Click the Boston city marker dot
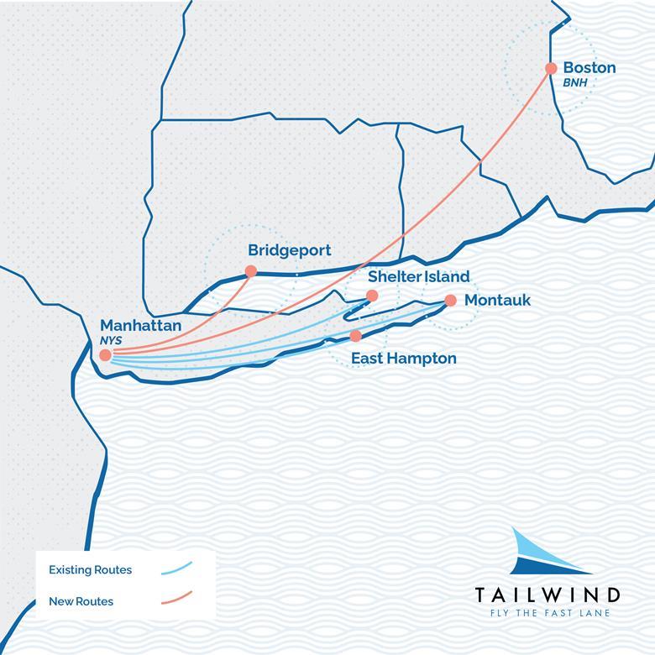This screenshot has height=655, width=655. (551, 68)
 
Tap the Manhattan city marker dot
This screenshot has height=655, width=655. (105, 355)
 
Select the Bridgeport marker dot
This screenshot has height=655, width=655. (250, 270)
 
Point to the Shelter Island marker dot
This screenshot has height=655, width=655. (372, 295)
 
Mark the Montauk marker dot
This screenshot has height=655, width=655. (450, 300)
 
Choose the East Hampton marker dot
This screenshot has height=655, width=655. (355, 336)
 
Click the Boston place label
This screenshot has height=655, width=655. (589, 67)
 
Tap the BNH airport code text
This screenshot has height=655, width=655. (577, 83)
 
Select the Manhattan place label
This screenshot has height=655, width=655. (140, 325)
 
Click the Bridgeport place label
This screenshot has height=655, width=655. (289, 250)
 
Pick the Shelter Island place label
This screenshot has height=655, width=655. (418, 276)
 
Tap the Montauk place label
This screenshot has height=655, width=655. (497, 300)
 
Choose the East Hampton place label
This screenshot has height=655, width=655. (403, 359)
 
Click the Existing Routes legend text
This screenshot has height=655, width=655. (90, 570)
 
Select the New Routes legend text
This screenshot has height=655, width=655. (81, 601)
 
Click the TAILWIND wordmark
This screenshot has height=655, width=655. (548, 595)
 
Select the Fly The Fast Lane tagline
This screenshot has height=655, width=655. (548, 613)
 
